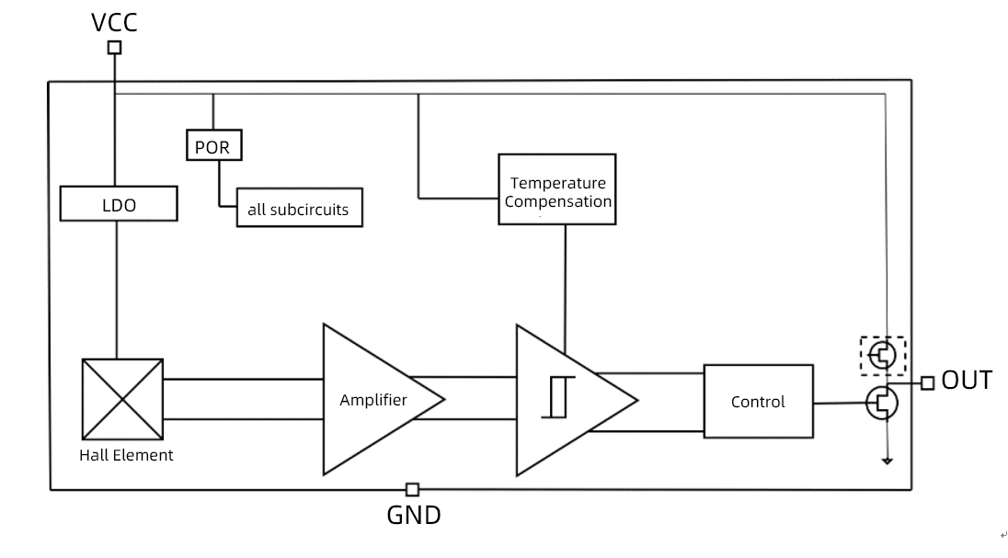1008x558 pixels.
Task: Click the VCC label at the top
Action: coord(114,22)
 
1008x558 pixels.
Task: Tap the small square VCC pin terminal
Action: coord(114,48)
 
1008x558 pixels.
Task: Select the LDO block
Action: coord(119,204)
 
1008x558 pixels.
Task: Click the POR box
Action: coord(212,147)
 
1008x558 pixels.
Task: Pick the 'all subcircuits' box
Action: coord(298,209)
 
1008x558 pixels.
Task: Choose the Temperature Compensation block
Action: coord(557,189)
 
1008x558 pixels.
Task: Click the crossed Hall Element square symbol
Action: coord(122,399)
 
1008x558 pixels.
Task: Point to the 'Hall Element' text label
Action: coord(126,455)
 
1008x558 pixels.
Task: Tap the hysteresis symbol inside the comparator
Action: coord(558,397)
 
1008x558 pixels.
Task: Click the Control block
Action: coord(758,401)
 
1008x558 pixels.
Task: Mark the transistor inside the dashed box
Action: coord(883,354)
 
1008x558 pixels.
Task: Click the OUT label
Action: coord(967,381)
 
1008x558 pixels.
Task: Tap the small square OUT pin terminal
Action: coord(927,383)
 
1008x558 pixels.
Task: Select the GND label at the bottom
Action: coord(413,516)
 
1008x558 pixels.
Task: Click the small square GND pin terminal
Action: coord(412,490)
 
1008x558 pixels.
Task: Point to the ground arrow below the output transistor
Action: coord(887,459)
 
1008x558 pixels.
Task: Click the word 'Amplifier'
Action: coord(373,400)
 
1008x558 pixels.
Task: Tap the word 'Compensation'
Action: coord(557,201)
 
